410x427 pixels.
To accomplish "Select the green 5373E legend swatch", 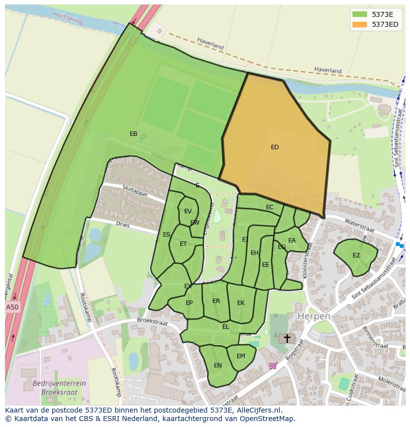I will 360,14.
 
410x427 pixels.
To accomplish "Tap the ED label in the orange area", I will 275,147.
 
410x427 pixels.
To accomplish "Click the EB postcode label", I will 133,134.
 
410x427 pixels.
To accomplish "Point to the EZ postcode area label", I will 356,255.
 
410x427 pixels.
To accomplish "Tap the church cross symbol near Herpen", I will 286,339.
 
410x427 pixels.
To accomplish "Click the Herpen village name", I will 313,316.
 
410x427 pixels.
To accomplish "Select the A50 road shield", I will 12,307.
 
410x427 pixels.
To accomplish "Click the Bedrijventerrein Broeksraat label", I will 59,387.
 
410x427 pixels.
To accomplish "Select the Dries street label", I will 122,225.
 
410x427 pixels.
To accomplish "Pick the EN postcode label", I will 218,366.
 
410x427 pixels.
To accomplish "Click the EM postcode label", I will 241,356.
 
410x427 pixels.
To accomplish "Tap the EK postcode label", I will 241,303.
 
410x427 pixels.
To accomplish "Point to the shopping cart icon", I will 272,366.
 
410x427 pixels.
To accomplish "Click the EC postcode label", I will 269,207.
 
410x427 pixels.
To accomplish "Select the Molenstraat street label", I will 391,382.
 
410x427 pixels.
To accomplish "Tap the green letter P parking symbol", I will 143,139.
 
